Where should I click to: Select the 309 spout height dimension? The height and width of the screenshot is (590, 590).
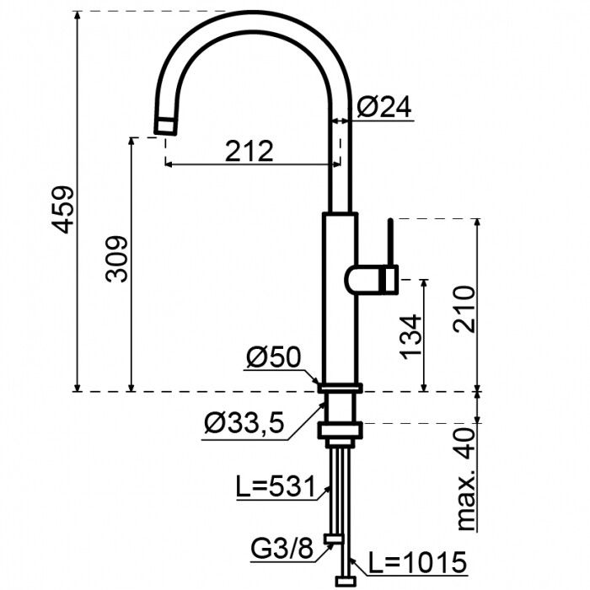(118, 260)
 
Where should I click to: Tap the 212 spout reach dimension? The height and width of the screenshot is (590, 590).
(250, 151)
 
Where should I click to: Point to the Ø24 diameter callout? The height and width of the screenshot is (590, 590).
(383, 107)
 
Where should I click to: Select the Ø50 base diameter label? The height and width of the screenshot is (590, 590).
(273, 358)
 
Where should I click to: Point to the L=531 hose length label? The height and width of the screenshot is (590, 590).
(275, 486)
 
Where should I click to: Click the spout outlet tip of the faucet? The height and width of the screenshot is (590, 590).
(166, 126)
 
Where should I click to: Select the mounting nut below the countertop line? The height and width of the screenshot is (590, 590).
(339, 430)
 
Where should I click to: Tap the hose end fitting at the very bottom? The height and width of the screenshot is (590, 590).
(346, 580)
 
